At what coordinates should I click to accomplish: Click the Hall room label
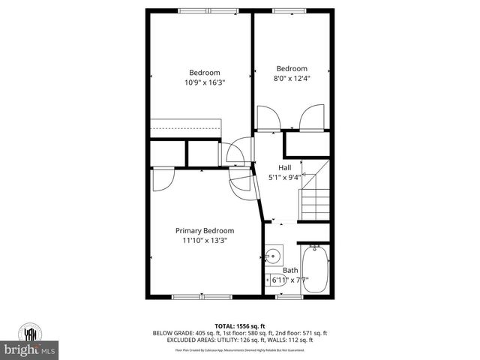[x=285, y=167]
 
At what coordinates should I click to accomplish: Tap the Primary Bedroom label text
[x=205, y=230]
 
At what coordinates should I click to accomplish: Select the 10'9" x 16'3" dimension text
[x=205, y=82]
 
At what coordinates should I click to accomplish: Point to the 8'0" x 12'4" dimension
[x=292, y=77]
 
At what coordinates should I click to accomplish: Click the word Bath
[x=290, y=270]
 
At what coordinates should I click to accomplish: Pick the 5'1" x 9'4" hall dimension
[x=285, y=178]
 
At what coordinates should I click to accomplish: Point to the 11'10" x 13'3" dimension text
[x=205, y=241]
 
